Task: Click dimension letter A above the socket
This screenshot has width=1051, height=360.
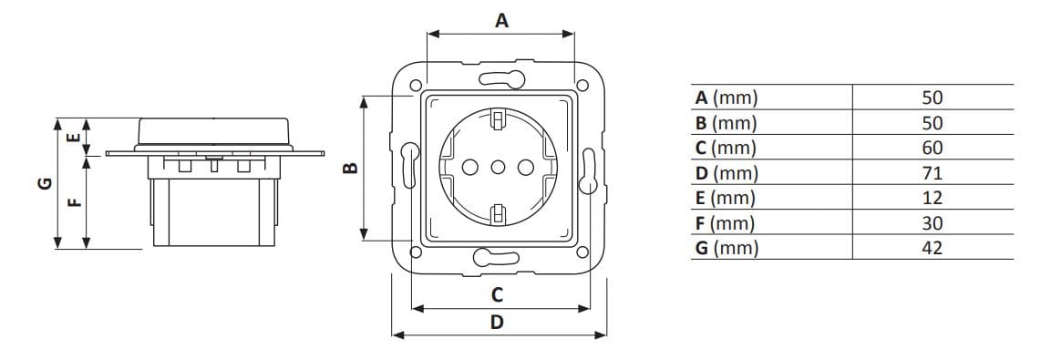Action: coord(501,19)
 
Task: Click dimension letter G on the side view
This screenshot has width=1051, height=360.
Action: coord(43,185)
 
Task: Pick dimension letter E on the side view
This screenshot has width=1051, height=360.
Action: coord(77,139)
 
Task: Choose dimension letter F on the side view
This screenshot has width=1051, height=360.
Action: coord(77,202)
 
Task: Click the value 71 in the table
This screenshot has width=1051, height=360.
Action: coord(932,173)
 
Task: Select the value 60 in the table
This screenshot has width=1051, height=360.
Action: coord(932,148)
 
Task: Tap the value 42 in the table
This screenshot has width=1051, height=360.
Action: coord(932,248)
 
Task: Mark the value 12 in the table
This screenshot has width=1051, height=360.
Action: coord(932,198)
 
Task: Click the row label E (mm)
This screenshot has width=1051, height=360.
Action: coord(726,198)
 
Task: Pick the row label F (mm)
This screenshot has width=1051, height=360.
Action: coord(726,223)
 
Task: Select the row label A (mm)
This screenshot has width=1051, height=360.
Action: coord(726,98)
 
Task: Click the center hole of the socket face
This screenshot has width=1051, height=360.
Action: coord(498,167)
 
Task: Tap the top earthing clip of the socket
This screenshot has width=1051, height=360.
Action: coord(498,118)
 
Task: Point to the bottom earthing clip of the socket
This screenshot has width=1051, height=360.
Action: coord(498,215)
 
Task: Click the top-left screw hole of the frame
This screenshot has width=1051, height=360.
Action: coord(416,86)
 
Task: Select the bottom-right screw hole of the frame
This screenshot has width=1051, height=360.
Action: coord(580,252)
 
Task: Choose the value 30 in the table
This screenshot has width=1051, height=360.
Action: coord(932,223)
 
